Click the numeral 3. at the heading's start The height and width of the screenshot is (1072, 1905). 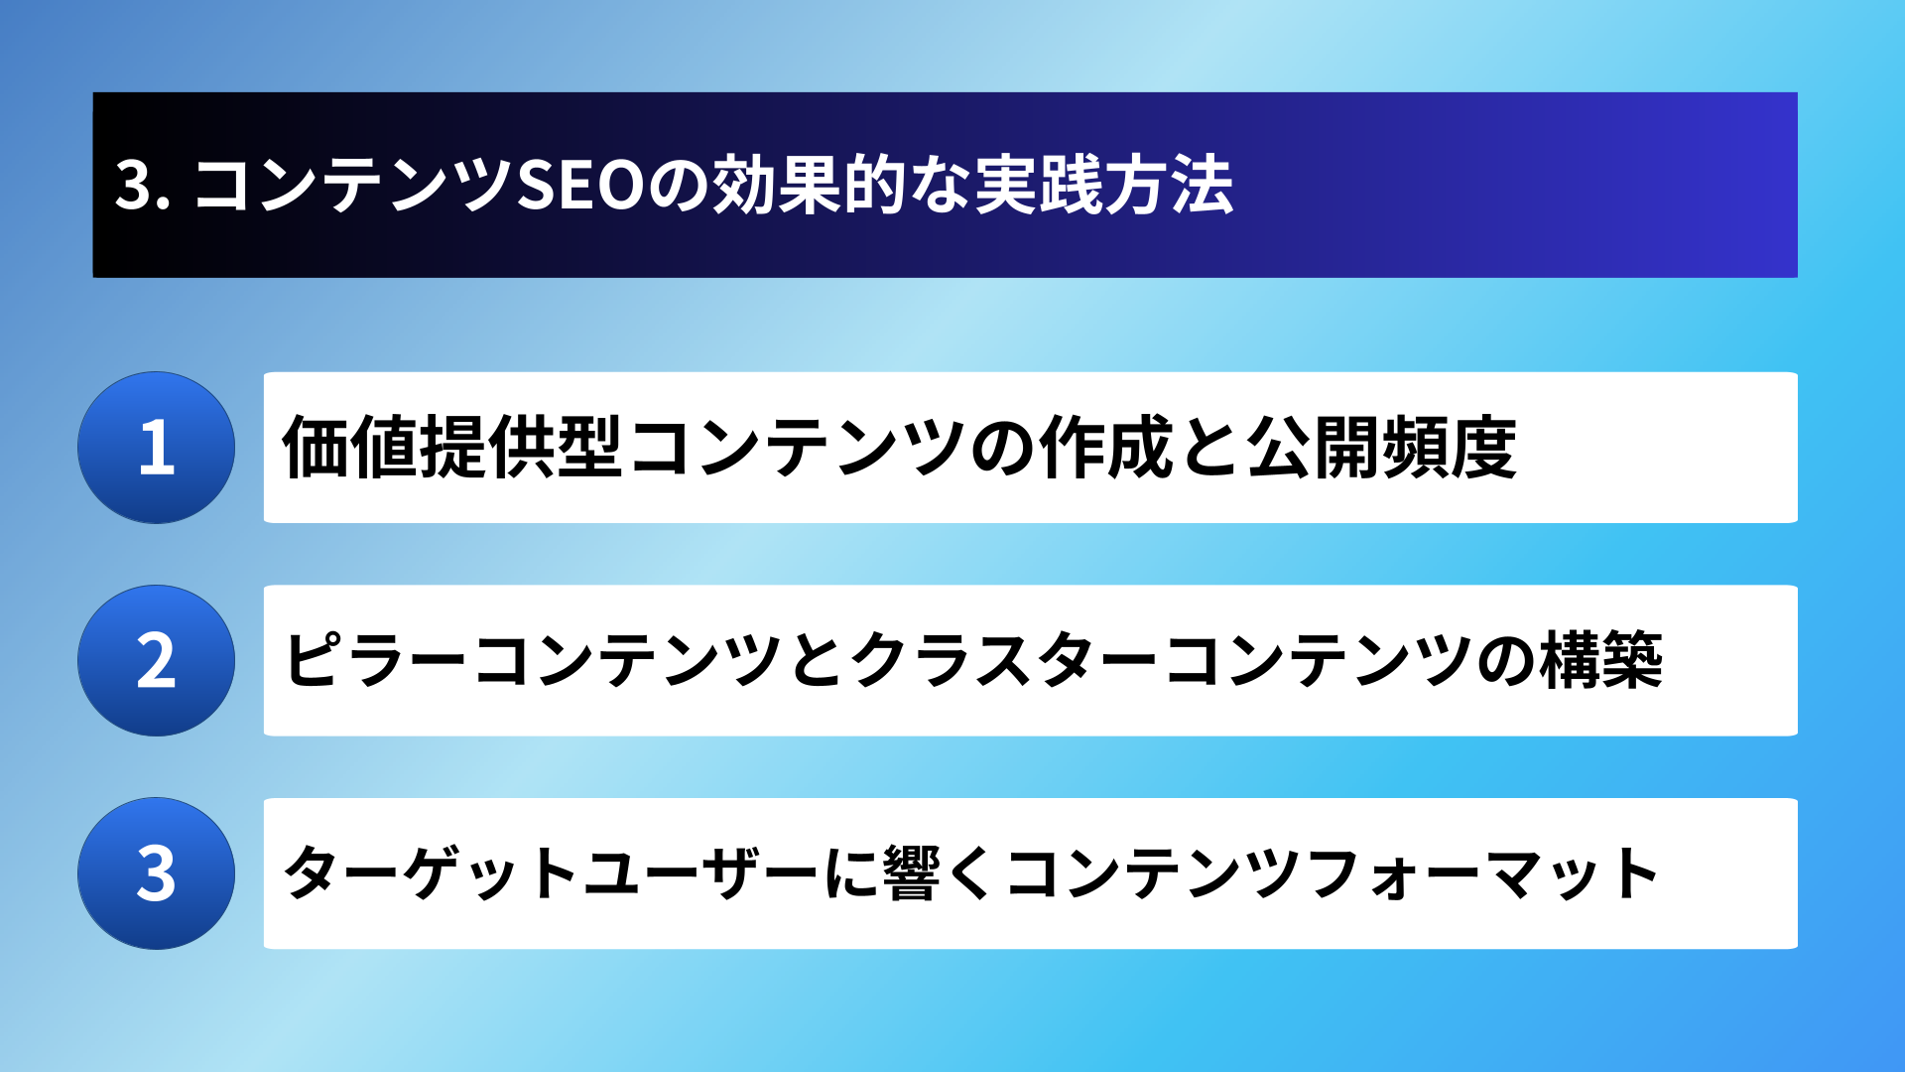coord(143,186)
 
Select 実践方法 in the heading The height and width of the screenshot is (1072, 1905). coord(1104,186)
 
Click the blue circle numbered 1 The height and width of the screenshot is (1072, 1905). coord(156,448)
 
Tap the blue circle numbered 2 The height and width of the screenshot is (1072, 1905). coord(156,660)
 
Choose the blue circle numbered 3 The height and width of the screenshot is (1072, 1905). coord(156,873)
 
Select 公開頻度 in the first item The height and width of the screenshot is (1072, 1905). coord(1382,448)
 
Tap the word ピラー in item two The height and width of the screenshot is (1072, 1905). coord(375,660)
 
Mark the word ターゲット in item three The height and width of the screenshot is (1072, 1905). coord(431,873)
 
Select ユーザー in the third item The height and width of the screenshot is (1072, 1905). coord(700,873)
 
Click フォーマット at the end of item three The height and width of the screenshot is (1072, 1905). coord(1483,873)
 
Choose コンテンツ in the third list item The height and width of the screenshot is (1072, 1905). coord(1154,873)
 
